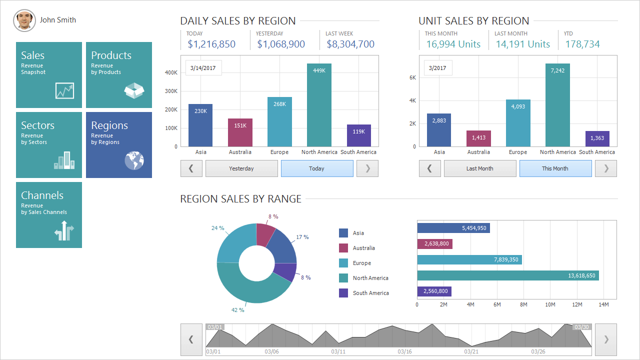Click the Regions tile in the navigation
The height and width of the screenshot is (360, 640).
(x=119, y=145)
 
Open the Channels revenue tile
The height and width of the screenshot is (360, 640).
(x=49, y=215)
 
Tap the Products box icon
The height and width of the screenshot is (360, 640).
(x=134, y=90)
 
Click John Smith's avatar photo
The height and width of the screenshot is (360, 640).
(x=24, y=20)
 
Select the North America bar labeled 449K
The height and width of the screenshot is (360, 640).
(x=319, y=105)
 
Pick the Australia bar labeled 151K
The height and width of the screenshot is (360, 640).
(x=240, y=132)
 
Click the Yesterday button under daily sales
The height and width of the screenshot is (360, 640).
(x=241, y=168)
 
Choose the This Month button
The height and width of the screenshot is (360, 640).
(x=555, y=168)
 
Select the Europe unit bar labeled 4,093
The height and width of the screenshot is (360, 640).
(x=518, y=123)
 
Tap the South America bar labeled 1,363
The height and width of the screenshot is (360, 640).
(x=597, y=138)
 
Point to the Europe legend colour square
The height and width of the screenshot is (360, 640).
(x=343, y=263)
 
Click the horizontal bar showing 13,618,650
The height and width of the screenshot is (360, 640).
(x=507, y=275)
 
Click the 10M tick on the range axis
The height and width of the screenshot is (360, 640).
(x=550, y=304)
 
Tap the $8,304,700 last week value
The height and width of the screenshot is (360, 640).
(x=350, y=44)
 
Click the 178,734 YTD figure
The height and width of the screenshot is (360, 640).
(x=582, y=44)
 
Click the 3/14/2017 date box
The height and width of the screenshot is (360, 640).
(x=203, y=68)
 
